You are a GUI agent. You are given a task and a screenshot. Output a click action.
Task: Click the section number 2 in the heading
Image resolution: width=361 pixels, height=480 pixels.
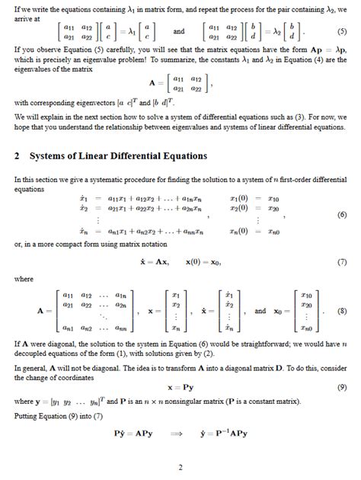(x=17, y=155)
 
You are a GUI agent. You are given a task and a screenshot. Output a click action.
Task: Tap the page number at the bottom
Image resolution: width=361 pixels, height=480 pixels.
(x=180, y=467)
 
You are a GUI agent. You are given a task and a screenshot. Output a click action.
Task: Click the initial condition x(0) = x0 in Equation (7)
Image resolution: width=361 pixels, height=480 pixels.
(x=208, y=261)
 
